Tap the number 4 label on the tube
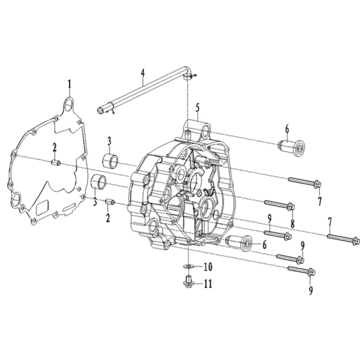point(143,72)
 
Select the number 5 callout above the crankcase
point(198,108)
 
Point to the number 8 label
point(292,223)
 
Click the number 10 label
point(208,266)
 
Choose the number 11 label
point(207,284)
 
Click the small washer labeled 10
point(188,266)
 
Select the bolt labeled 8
point(280,205)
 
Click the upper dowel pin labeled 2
point(55,163)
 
